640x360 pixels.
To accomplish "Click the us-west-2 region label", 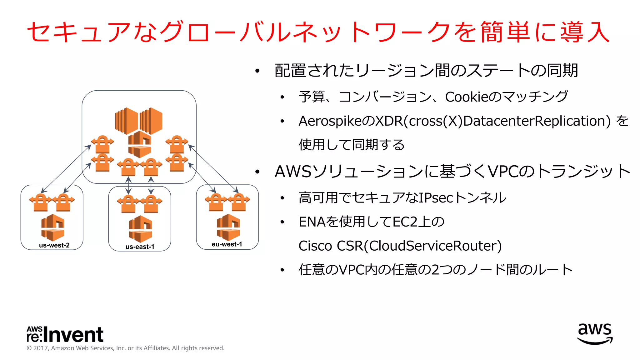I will (x=54, y=245).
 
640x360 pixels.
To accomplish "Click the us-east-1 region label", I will (x=140, y=247).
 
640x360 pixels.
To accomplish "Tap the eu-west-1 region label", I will (x=227, y=244).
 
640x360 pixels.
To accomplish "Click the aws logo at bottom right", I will (x=595, y=334).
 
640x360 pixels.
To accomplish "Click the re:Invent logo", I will (x=65, y=334).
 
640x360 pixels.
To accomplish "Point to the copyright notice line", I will (x=125, y=348).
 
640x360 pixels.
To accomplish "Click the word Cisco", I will (x=315, y=246).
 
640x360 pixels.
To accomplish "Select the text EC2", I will (x=405, y=222).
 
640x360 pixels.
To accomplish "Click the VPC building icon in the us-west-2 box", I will (x=52, y=227).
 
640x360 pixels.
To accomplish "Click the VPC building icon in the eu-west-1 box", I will (x=228, y=227).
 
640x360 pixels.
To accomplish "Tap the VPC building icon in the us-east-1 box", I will (x=140, y=229).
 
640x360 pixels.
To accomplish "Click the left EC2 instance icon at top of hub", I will (x=126, y=121).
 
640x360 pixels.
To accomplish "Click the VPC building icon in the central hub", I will (x=140, y=144).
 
